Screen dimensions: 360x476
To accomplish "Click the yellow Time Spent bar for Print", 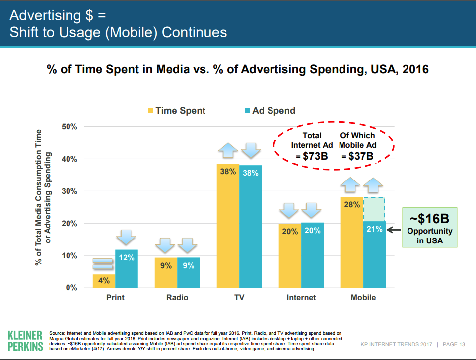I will (x=104, y=281).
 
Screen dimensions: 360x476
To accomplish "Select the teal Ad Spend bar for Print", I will (x=127, y=270).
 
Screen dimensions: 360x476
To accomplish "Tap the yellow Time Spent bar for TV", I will (x=228, y=228).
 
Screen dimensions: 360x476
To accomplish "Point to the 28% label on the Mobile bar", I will (x=352, y=204).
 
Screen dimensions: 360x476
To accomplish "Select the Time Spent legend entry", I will (x=176, y=111).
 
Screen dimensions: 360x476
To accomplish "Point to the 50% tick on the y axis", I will (x=69, y=127).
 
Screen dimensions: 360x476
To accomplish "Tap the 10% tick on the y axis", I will (x=69, y=256).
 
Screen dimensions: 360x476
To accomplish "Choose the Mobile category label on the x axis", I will (x=363, y=298).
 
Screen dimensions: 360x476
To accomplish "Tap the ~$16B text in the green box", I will (x=430, y=219).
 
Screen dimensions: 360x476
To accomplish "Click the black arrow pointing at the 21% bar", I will (x=394, y=230).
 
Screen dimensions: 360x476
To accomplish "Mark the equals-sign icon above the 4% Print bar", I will (x=104, y=263).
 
